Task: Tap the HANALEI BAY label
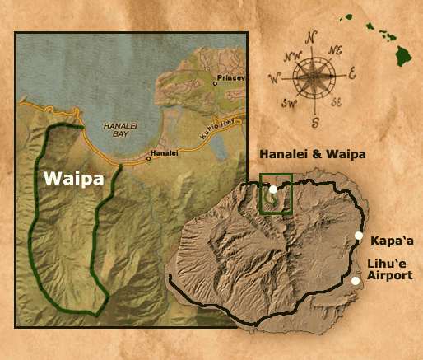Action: coord(119,128)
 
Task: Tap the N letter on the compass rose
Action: coord(311,37)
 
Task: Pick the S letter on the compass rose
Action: coord(314,122)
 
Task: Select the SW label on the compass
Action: coord(287,105)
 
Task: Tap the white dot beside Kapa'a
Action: coord(359,236)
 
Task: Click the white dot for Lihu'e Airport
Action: coord(356,281)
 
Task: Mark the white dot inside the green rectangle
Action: coord(273,189)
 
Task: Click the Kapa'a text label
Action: coord(390,241)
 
